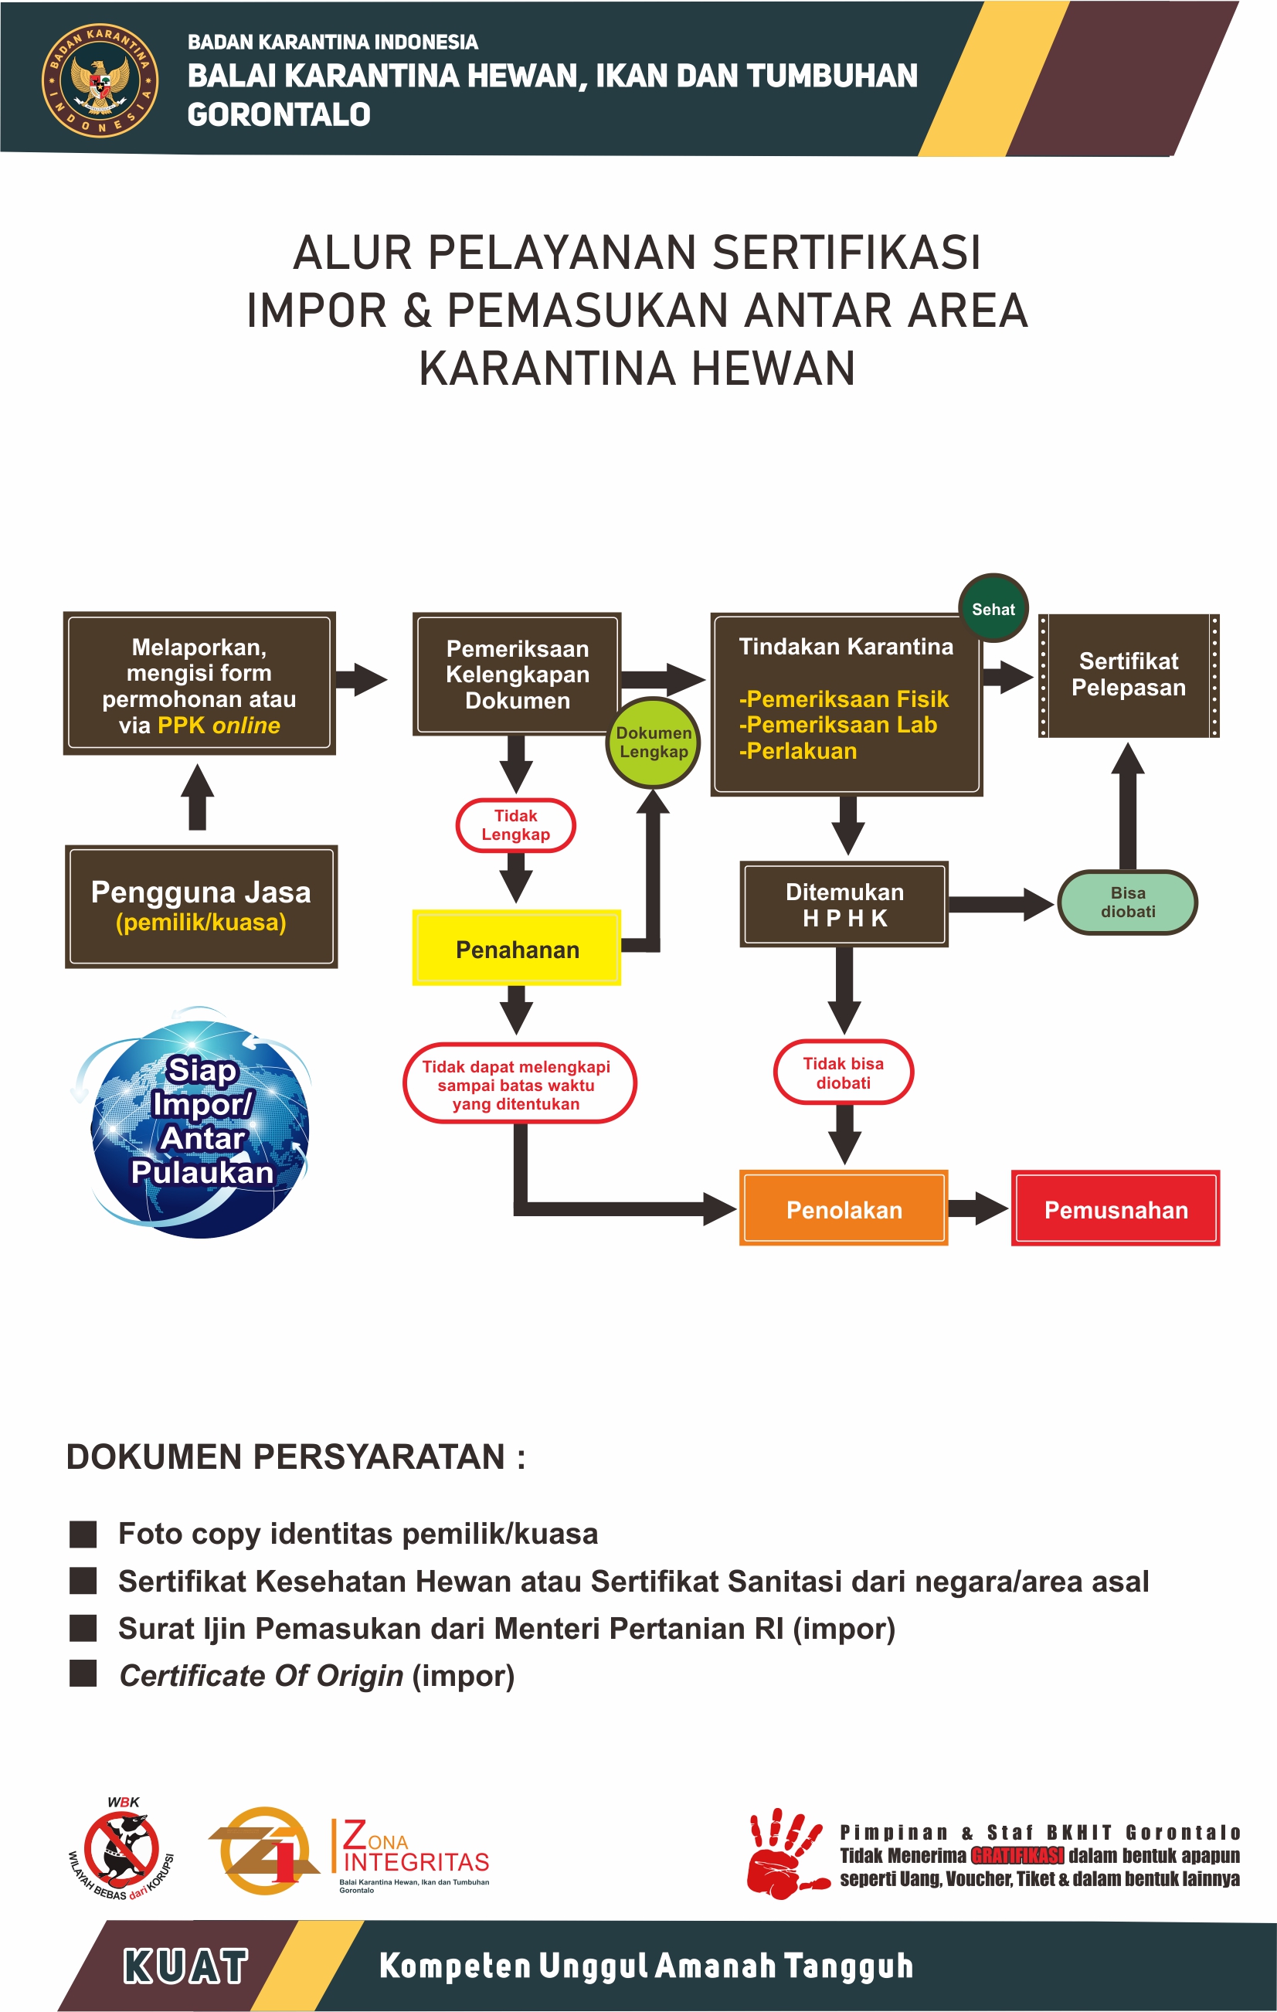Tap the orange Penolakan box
[x=844, y=1208]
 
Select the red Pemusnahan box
[x=1115, y=1208]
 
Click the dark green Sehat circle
[x=993, y=608]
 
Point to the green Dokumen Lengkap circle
[x=653, y=742]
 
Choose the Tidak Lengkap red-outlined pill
[x=515, y=824]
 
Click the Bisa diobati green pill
[x=1127, y=902]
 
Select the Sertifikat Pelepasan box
[x=1129, y=675]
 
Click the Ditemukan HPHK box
[x=844, y=904]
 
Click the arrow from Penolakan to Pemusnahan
[x=978, y=1208]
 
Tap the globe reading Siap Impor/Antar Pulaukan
[x=200, y=1123]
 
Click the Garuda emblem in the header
[x=100, y=80]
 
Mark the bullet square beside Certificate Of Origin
[x=83, y=1674]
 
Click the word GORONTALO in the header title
[x=279, y=114]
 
